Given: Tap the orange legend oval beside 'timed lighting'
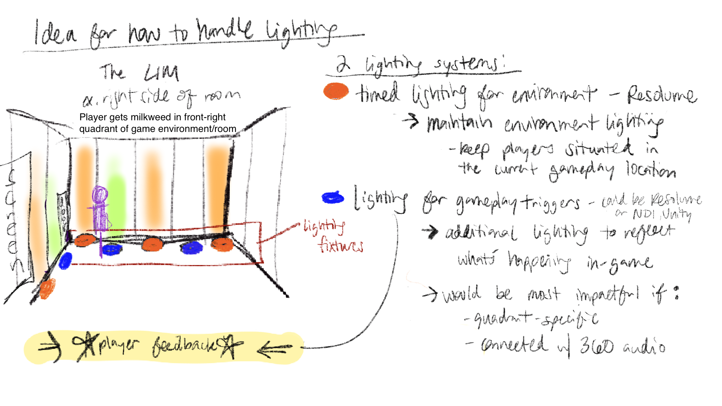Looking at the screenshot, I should pos(336,91).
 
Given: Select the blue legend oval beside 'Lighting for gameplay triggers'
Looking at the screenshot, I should pos(333,198).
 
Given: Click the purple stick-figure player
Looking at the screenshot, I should pos(100,211).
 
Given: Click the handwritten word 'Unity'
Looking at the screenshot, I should pos(677,215).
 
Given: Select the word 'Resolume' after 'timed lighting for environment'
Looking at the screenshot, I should pos(662,95).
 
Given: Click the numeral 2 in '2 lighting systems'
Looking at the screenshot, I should pos(343,64).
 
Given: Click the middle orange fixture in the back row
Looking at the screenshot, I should pos(152,245).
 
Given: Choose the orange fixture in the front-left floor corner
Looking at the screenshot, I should pos(48,289).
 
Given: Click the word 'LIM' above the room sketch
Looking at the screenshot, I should pos(162,73).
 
